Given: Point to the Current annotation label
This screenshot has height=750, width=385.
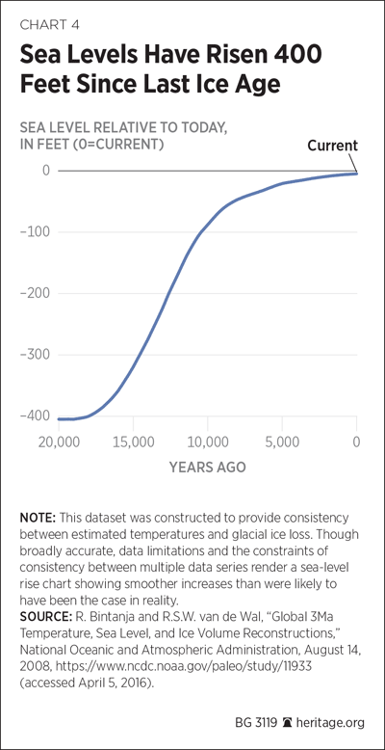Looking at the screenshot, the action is coord(332,146).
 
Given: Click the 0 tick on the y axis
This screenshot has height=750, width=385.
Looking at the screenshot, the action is coord(46,171).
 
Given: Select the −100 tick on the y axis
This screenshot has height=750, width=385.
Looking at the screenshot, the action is coord(35,232).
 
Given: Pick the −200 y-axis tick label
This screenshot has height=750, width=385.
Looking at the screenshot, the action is coord(35,294).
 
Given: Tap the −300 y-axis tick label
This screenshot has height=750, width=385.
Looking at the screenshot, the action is coord(35,356).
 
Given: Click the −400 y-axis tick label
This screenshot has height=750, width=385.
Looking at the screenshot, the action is coord(35,416).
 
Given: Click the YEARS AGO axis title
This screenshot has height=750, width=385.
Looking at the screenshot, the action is coord(207,467).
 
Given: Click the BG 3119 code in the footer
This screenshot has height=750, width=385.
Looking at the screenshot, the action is coord(256,723).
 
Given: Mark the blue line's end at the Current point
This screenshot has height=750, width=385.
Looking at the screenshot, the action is coord(356,174).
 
